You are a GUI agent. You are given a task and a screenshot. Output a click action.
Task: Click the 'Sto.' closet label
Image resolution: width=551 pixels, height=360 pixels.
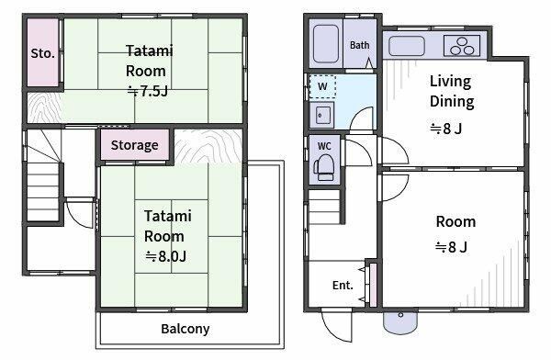click(x=43, y=53)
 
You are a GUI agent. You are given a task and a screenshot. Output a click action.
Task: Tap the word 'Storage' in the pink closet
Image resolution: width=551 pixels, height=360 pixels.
click(x=135, y=145)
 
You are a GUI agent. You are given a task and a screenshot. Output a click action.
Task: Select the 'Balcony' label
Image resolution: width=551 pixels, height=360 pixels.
click(x=186, y=329)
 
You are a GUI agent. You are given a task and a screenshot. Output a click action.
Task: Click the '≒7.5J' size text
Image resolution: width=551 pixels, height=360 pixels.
click(x=148, y=92)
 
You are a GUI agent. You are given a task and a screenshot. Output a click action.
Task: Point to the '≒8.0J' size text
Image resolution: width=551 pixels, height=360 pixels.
click(x=166, y=256)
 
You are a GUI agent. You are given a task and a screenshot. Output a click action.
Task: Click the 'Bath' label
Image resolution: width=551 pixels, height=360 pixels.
click(x=359, y=45)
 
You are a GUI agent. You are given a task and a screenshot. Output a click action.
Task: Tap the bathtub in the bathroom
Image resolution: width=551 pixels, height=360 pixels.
click(x=326, y=43)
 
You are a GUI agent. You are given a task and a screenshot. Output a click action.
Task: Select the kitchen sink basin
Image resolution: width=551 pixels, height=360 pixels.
click(x=407, y=46)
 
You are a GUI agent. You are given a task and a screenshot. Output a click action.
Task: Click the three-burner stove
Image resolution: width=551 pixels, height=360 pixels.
click(x=462, y=46)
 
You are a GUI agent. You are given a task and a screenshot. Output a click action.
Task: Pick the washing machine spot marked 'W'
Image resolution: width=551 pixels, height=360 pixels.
click(x=322, y=86)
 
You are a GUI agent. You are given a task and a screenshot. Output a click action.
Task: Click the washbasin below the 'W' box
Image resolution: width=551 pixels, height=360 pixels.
click(x=322, y=115)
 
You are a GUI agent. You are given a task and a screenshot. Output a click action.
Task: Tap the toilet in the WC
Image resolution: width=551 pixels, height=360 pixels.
click(x=324, y=168)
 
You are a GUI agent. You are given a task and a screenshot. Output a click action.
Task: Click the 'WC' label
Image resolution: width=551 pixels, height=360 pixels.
click(x=324, y=146)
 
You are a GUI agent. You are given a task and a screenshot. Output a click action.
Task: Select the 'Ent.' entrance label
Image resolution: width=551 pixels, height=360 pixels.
click(x=343, y=285)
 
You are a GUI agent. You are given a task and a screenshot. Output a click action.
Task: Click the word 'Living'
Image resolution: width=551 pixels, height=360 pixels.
click(x=451, y=82)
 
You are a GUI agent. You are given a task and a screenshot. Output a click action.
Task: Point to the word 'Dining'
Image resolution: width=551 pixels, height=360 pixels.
click(x=452, y=102)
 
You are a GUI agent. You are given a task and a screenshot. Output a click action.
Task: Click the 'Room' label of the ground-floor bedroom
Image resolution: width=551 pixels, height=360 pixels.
click(x=455, y=222)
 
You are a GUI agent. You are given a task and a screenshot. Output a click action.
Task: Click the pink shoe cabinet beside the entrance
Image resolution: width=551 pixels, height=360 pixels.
click(x=373, y=284)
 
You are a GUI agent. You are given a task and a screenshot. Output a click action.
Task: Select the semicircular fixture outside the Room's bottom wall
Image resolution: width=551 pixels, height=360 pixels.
click(x=399, y=321)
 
